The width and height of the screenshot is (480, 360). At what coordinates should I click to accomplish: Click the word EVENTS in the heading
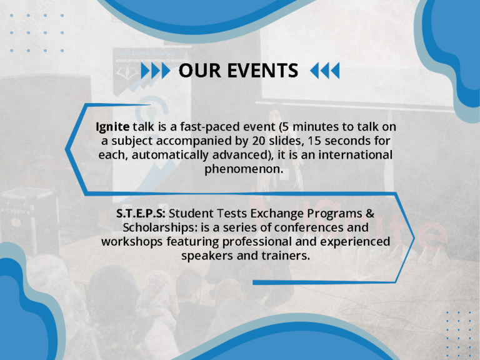pos(262,71)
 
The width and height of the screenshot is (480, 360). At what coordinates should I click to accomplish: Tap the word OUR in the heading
pos(199,71)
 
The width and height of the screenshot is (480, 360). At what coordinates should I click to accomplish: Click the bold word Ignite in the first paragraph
pos(112,127)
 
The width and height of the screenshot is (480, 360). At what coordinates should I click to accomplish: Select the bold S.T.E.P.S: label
pos(141,213)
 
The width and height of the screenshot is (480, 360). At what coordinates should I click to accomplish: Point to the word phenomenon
pos(244,169)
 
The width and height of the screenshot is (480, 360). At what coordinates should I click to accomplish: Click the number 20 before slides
pos(259,141)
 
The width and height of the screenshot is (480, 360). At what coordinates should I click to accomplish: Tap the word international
pos(356,155)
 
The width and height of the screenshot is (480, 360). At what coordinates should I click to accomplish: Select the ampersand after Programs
pos(370,213)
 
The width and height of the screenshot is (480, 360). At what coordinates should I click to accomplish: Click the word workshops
pos(132,242)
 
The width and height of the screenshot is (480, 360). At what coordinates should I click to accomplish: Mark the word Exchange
pos(277,214)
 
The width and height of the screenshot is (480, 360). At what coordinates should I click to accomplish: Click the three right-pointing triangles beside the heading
pos(156,71)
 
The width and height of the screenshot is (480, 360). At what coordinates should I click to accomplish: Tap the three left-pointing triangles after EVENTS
pos(325,71)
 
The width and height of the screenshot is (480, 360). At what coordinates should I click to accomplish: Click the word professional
pos(256,242)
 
